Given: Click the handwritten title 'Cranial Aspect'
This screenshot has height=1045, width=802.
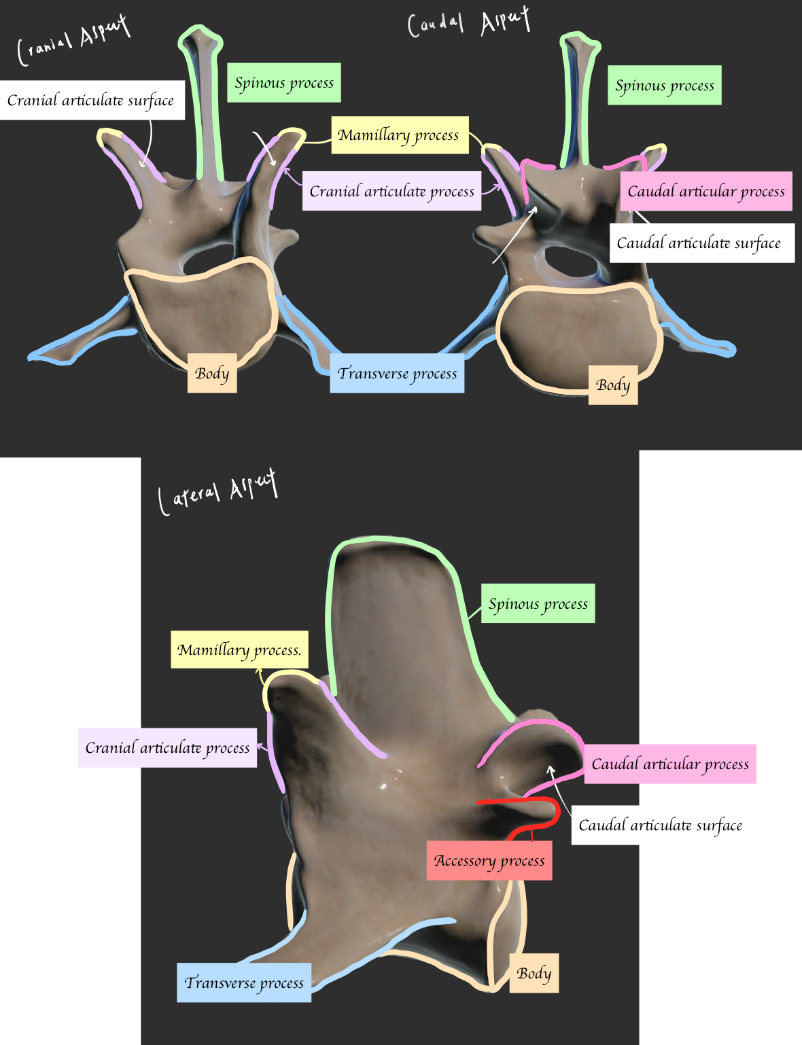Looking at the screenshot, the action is click(x=73, y=41).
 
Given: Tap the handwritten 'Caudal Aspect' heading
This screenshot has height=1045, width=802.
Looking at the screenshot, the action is click(x=468, y=23).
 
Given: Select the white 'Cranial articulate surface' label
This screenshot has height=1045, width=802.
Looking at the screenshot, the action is click(x=91, y=101).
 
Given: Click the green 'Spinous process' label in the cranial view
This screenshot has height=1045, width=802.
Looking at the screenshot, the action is click(x=284, y=83).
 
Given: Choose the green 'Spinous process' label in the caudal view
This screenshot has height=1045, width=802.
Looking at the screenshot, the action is click(x=664, y=86).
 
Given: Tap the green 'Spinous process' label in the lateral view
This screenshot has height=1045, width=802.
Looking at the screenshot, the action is click(x=538, y=603).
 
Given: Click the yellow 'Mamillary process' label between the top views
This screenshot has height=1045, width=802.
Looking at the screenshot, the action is click(x=399, y=135).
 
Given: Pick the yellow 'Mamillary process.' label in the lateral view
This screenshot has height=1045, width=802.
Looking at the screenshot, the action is click(x=239, y=650).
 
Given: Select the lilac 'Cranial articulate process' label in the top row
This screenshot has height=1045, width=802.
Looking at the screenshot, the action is click(x=391, y=191).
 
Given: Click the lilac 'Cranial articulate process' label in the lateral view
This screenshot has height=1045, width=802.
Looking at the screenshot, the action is click(x=167, y=747).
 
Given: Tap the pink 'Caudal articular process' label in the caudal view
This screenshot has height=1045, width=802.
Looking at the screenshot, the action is click(x=706, y=191).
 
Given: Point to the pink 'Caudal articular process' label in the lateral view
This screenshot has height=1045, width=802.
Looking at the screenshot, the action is click(x=669, y=764).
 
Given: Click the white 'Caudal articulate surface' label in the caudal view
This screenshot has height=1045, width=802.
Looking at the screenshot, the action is click(x=701, y=243).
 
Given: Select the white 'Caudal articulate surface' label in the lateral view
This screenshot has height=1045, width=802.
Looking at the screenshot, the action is click(x=659, y=825).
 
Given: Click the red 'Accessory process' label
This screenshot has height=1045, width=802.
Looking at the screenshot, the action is click(x=489, y=860).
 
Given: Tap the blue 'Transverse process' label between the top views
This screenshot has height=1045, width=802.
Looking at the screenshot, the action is click(x=397, y=373).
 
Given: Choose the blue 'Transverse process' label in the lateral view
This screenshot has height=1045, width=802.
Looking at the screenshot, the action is click(x=244, y=982).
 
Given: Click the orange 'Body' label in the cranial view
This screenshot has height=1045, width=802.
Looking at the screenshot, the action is click(x=212, y=373).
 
